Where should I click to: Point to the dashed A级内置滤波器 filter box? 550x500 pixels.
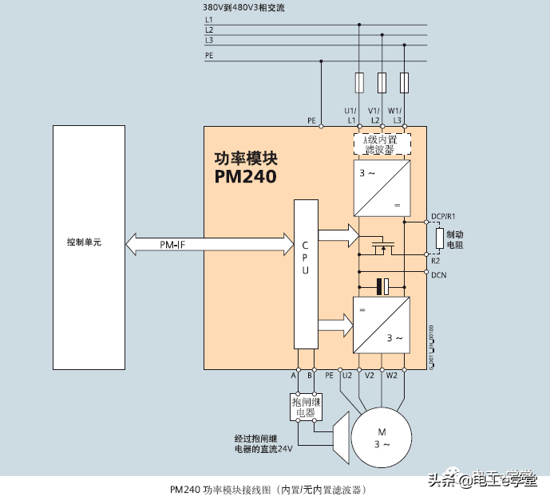pos(382,144)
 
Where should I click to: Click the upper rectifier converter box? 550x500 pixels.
pos(382,187)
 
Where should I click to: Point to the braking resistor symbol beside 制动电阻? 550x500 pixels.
pos(439,238)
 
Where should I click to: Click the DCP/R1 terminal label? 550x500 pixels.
pos(443,216)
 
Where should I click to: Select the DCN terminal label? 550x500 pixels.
pos(438,275)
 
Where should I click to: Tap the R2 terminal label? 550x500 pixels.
pos(436,261)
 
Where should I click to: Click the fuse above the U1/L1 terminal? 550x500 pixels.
pos(359,82)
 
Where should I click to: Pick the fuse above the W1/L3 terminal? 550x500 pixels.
pos(405,82)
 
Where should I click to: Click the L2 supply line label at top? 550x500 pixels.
pos(209,30)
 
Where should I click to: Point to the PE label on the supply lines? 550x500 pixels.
pos(209,55)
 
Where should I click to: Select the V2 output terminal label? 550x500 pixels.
pos(369,375)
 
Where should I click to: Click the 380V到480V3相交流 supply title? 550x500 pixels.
pos(244,7)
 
